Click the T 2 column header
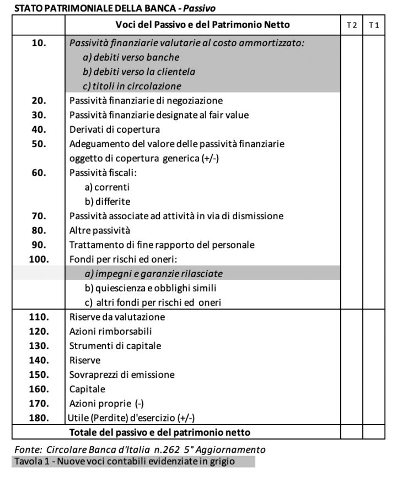pos(351,25)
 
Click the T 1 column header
pos(373,25)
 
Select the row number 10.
pos(39,43)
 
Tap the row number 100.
pos(39,259)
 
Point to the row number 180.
pos(39,418)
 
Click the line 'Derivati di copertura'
pos(115,129)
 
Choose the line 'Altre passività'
pos(100,230)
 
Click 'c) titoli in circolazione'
pos(132,86)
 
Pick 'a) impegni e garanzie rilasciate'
pos(154,274)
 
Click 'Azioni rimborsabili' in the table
pos(110,331)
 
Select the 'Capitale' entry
pos(87,389)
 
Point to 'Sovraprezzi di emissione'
pos(122,375)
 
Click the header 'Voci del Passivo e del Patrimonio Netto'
pos(202,25)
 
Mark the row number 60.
pos(39,172)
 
